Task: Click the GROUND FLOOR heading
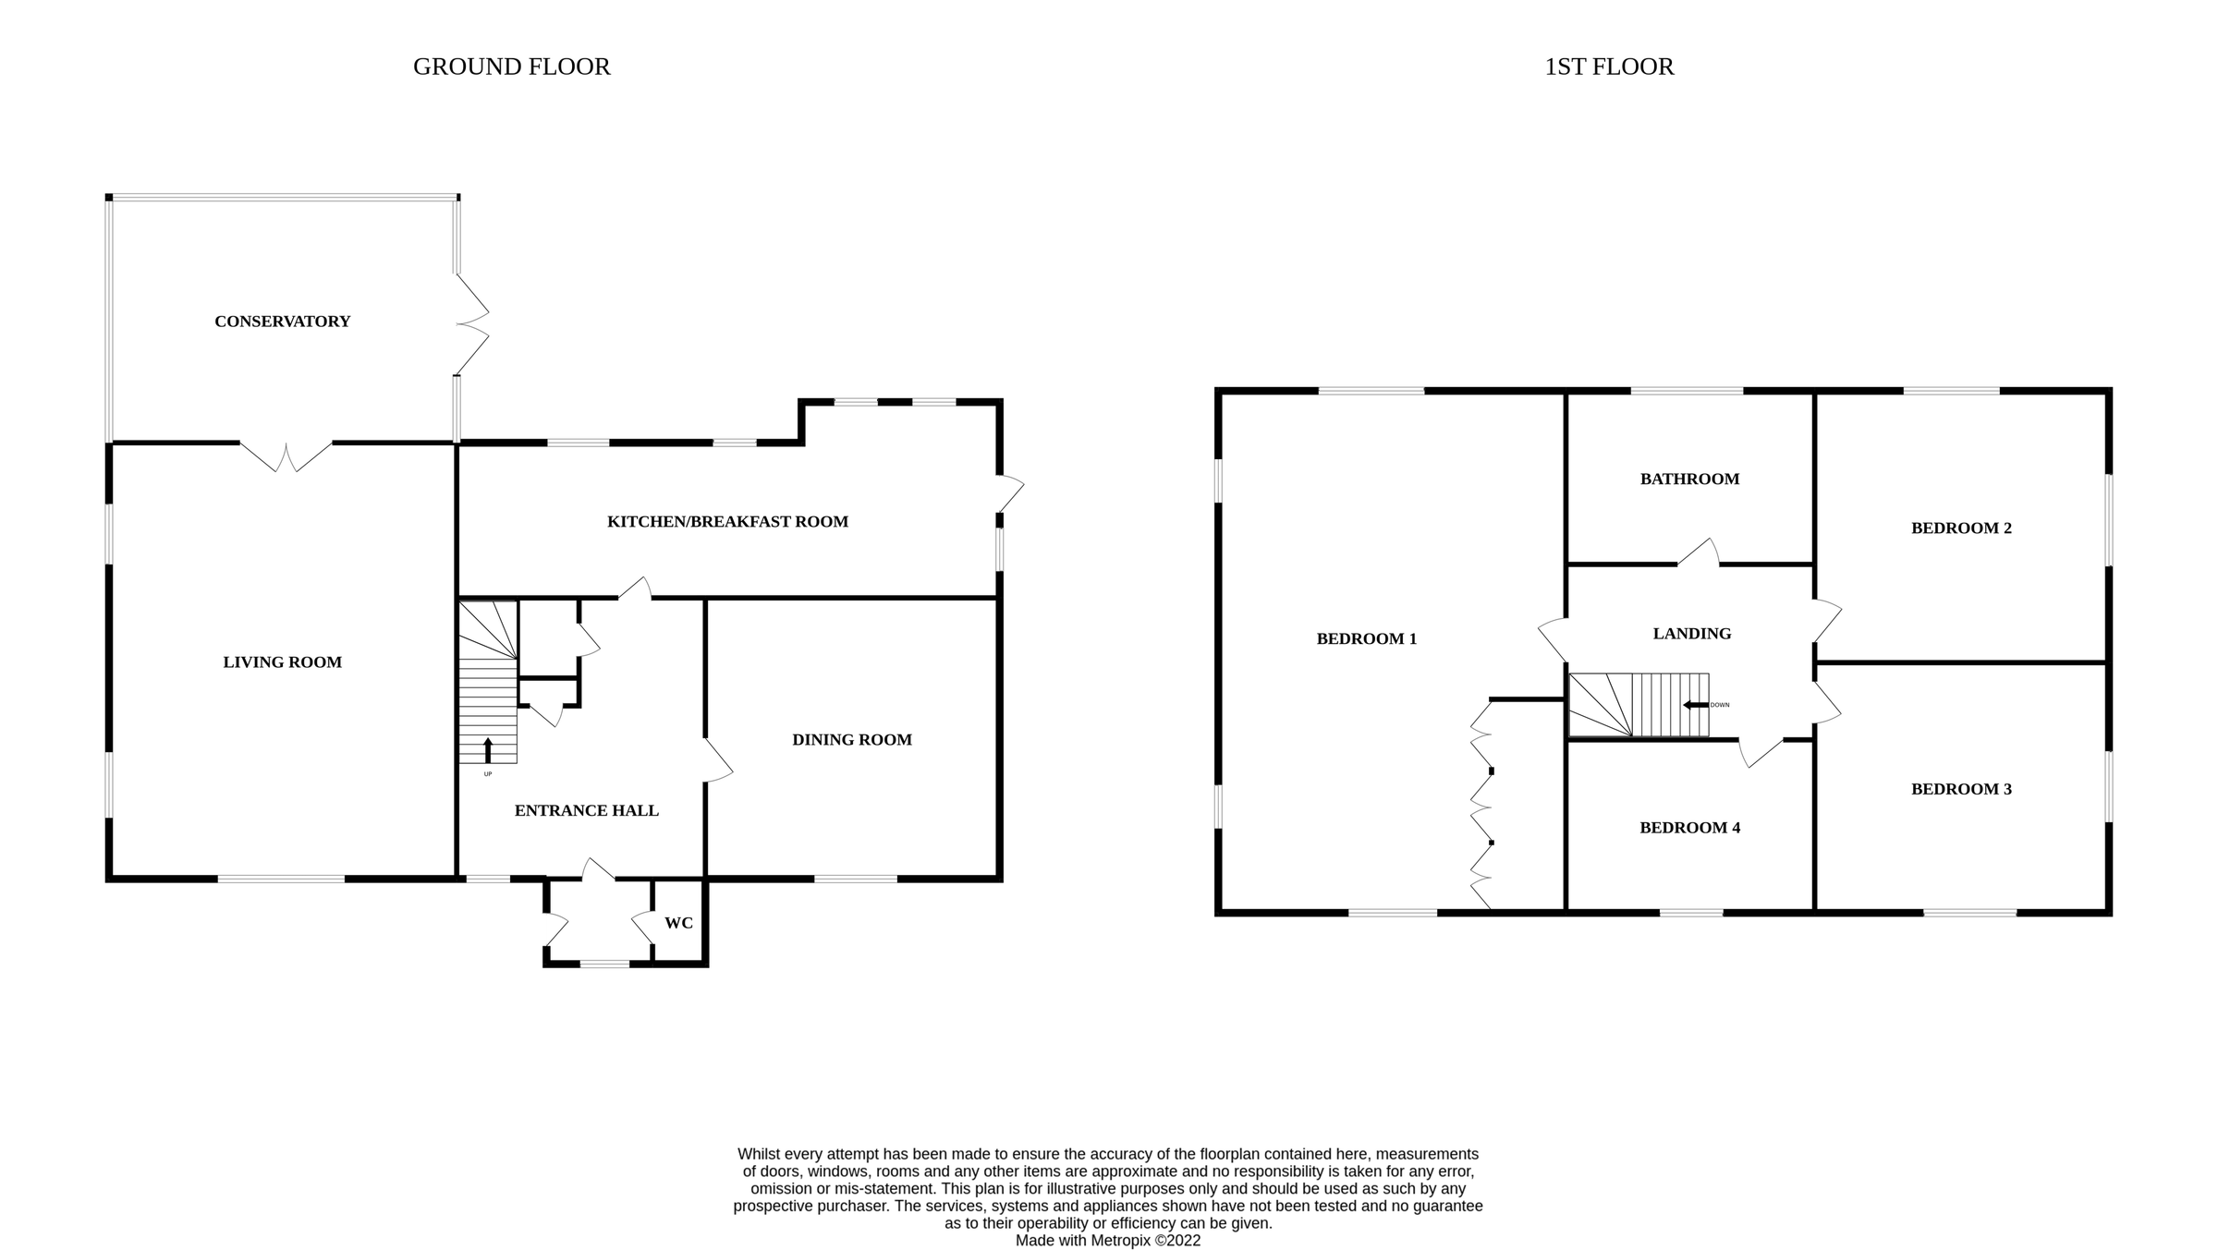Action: (511, 67)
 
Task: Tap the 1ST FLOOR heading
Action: (1609, 67)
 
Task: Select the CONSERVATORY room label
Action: (282, 322)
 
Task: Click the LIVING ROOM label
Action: (282, 662)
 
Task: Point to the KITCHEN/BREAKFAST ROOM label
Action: (727, 522)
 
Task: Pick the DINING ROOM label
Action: (851, 740)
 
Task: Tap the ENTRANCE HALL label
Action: (586, 811)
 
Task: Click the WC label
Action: (678, 923)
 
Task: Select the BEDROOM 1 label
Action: (1366, 638)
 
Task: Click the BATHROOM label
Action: (1689, 479)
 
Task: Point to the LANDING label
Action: (1691, 634)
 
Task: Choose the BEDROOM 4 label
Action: (1689, 828)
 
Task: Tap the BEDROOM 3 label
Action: (1961, 789)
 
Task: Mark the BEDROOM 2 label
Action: (1961, 528)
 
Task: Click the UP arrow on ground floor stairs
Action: (488, 749)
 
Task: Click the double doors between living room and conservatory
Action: (286, 456)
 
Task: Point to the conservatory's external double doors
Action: (471, 324)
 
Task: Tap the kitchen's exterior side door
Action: (1010, 494)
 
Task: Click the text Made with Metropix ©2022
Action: (1108, 1241)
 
